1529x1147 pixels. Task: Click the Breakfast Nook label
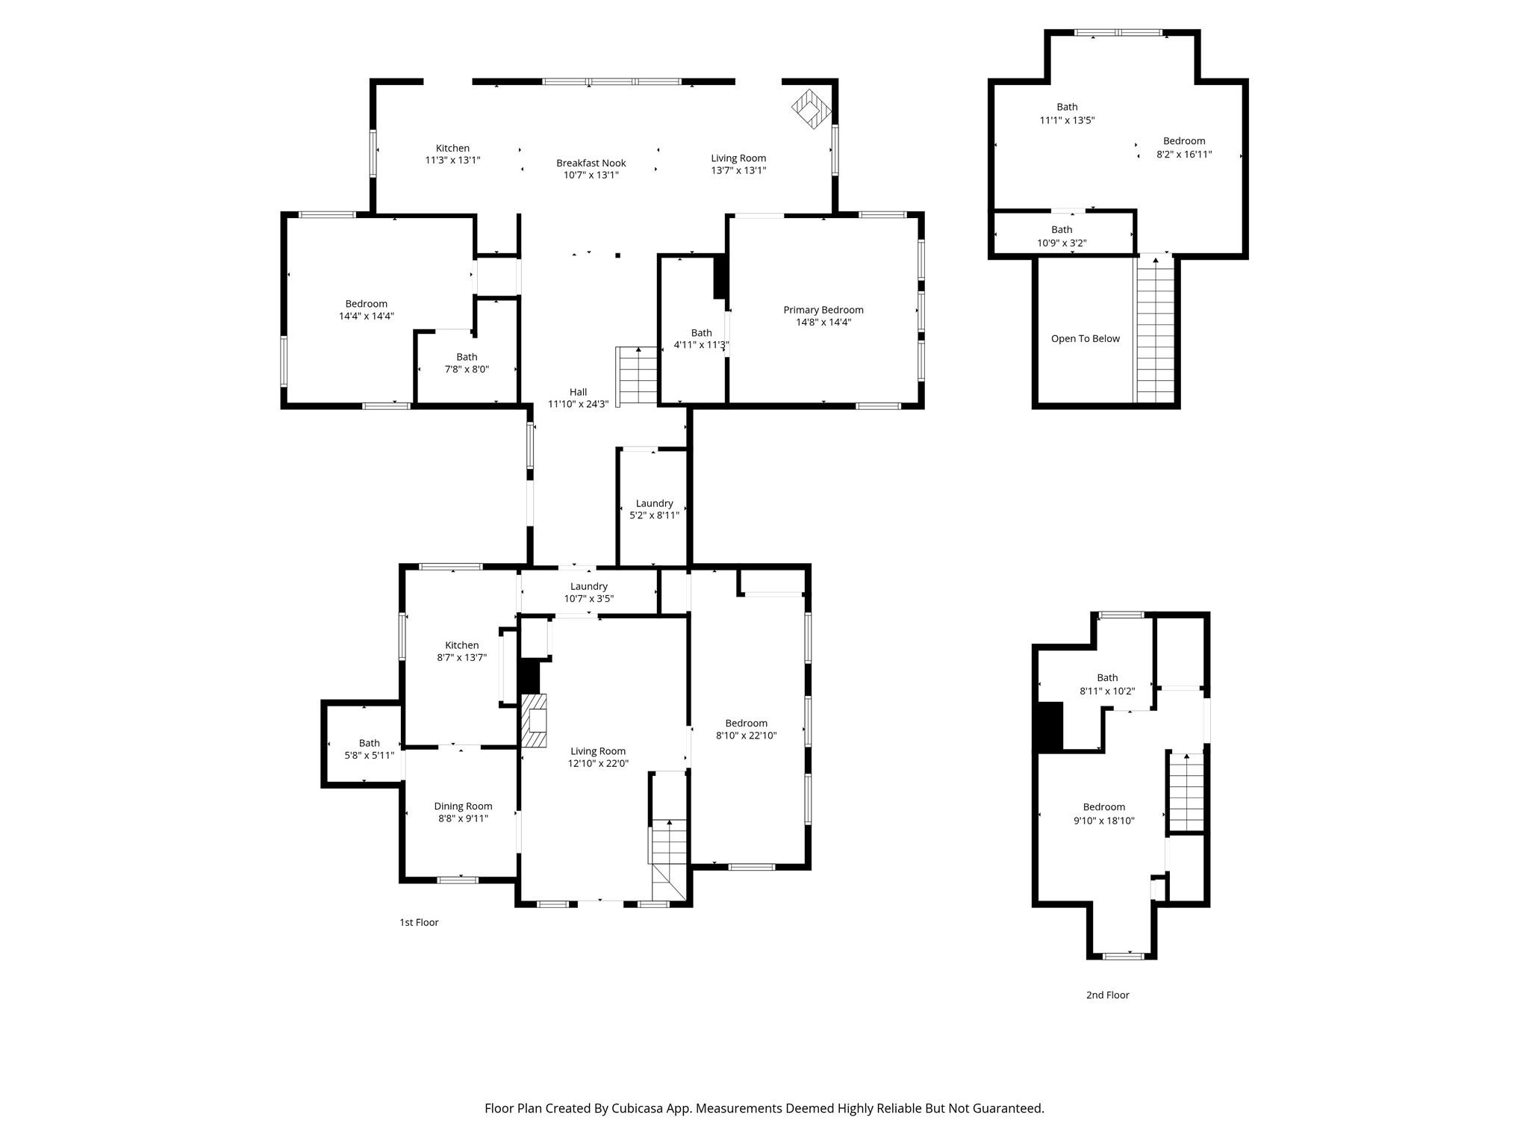591,164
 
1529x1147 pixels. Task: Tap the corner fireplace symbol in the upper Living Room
811,109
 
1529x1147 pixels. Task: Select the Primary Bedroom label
823,310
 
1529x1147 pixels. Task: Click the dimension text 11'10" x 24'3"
578,404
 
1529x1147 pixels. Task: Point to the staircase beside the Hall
637,376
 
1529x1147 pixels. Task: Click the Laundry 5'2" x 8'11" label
654,503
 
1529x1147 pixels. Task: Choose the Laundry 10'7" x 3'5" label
588,586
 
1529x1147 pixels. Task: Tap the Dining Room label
463,806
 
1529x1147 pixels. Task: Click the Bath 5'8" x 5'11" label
369,743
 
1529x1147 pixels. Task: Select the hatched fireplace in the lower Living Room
533,721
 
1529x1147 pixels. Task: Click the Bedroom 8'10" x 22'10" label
746,723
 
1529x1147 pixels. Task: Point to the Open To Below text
1085,339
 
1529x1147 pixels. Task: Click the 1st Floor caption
419,922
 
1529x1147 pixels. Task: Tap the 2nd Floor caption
1107,995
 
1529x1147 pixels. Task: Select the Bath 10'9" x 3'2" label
1061,230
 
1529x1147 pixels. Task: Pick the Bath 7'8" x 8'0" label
467,357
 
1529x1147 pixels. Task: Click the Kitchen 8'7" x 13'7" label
461,645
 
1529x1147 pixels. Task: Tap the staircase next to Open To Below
1155,329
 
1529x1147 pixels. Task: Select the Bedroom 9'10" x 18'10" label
1103,807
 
